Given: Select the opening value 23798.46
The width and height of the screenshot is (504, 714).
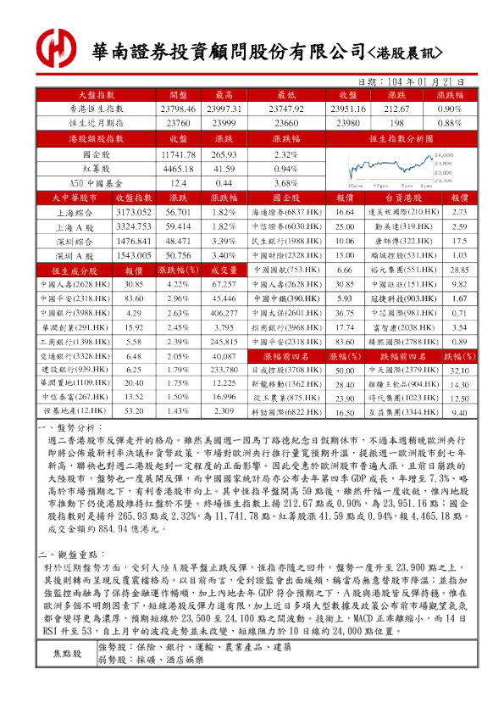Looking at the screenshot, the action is pyautogui.click(x=177, y=109).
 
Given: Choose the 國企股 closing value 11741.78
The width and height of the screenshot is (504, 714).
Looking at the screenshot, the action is pyautogui.click(x=177, y=155).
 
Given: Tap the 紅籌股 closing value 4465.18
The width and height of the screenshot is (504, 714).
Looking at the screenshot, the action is pyautogui.click(x=177, y=169).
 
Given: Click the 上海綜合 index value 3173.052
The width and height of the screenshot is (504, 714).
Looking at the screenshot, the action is pyautogui.click(x=133, y=212).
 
